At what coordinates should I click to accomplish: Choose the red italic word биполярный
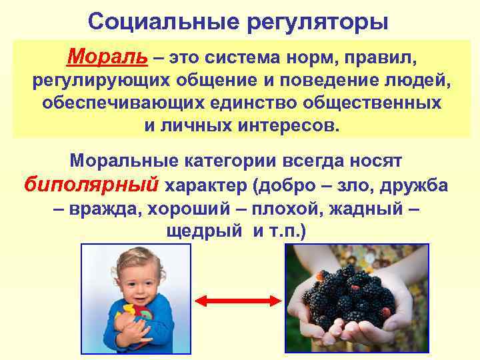(x=91, y=184)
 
